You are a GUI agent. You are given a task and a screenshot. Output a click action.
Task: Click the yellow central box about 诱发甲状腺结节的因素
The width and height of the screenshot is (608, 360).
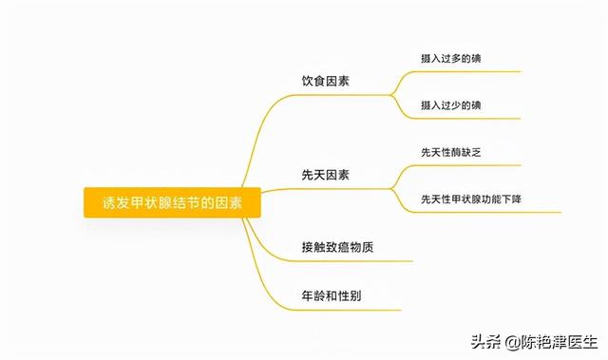[x=172, y=202]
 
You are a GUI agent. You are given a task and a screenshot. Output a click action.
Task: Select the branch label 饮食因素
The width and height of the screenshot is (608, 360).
[x=325, y=81]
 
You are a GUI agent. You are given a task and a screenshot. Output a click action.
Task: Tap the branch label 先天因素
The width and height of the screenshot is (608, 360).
[x=325, y=175]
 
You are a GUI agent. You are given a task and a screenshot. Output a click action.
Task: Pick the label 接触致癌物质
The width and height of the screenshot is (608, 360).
[x=337, y=247]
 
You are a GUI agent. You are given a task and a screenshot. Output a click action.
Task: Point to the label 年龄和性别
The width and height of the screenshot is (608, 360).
[x=332, y=296]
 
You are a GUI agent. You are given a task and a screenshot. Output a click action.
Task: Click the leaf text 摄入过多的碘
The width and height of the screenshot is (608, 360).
[x=451, y=59]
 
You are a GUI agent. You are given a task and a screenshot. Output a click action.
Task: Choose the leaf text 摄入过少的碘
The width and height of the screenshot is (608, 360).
[x=451, y=105]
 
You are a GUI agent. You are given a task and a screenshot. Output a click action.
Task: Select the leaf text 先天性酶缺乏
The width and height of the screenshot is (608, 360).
[x=451, y=152]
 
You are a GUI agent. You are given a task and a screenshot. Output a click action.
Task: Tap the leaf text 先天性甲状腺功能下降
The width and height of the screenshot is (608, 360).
[x=471, y=199]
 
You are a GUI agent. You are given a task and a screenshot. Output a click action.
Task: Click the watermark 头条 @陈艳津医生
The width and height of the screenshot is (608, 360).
[x=534, y=342]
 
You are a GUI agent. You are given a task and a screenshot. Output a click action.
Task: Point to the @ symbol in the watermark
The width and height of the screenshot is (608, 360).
[x=512, y=343]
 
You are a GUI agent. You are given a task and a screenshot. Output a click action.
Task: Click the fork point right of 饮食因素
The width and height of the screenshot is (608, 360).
[x=391, y=95]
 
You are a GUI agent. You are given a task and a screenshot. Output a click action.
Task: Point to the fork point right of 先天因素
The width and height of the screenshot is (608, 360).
[x=391, y=189]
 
